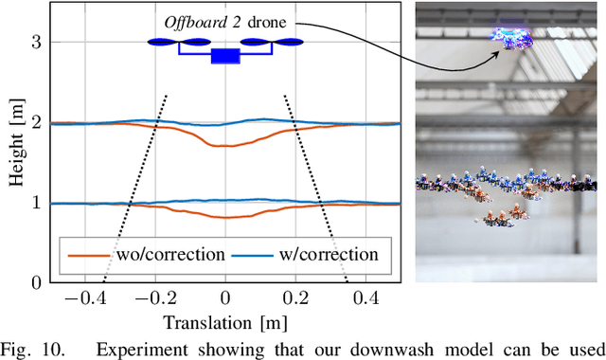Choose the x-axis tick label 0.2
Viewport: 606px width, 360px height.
pyautogui.click(x=297, y=299)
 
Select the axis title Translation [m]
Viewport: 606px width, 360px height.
pyautogui.click(x=224, y=321)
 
